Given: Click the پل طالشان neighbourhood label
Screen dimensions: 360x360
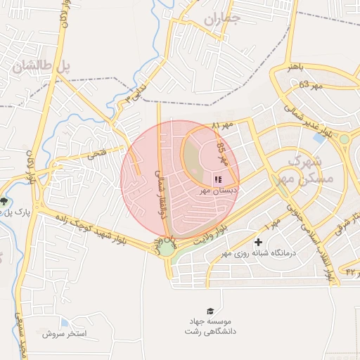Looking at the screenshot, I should pos(42,68).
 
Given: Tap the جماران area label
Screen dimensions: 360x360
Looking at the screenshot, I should pos(223,20).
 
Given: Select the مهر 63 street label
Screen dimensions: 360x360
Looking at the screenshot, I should pos(309,86).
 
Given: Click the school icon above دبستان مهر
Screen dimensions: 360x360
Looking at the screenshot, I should pos(217,179).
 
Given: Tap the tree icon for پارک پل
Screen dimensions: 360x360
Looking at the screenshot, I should pos(5,202).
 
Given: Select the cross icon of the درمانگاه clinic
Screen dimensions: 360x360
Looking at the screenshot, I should pos(259,243).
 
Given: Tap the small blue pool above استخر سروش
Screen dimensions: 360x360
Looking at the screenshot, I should pos(65,323).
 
